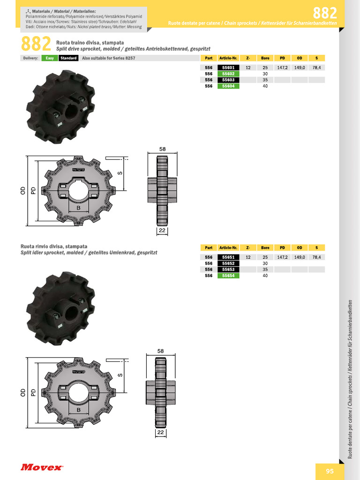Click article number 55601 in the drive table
tap(229, 68)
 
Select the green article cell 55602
tap(229, 74)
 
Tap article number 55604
tap(229, 86)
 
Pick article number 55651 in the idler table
tap(229, 257)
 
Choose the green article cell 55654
tap(229, 276)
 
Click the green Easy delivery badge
tap(50, 58)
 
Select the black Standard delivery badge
tap(68, 58)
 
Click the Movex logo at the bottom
tap(41, 467)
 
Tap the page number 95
tap(330, 471)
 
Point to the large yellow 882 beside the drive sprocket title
tap(36, 44)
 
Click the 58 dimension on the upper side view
tap(162, 149)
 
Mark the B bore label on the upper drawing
tap(78, 208)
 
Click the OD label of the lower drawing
tap(22, 392)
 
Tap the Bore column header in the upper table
tap(265, 58)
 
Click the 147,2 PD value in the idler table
tap(282, 257)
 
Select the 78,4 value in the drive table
tap(317, 68)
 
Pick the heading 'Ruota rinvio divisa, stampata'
tap(54, 246)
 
